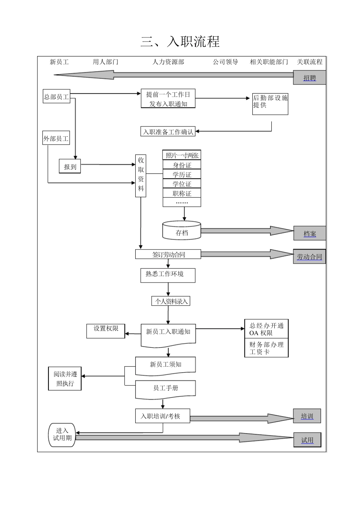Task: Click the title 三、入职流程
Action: coord(180,42)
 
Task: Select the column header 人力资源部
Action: coord(168,62)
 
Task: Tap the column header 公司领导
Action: coord(225,62)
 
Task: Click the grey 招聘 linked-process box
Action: coord(309,78)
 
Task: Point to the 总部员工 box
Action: coord(56,97)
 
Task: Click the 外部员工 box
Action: coord(56,139)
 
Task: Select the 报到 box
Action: coord(70,167)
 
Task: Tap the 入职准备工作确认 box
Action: coord(168,132)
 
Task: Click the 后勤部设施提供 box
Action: coord(270,104)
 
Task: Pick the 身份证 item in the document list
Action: coord(182,165)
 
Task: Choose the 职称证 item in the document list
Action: coord(182,193)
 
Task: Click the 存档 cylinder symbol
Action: coord(182,231)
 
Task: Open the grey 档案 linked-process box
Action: coord(310,233)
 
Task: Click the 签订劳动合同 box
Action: coord(168,254)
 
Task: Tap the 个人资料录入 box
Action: coord(171,301)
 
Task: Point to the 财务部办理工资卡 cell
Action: coord(266,348)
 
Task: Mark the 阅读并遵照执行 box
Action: coord(65,379)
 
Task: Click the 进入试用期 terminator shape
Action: coord(62,434)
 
